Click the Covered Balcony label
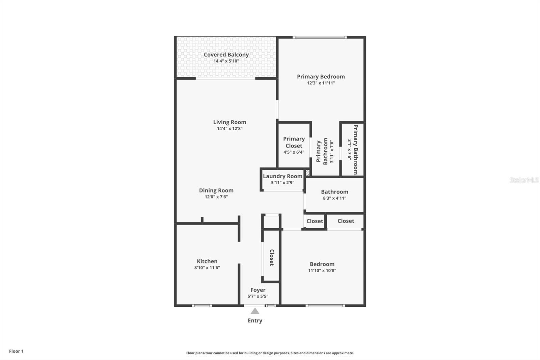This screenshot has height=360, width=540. point(226,55)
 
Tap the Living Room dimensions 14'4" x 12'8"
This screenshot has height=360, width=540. point(230,129)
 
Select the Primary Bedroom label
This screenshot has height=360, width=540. point(321,77)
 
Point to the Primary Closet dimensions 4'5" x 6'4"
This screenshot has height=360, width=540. point(294,152)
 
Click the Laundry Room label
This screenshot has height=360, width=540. point(282,176)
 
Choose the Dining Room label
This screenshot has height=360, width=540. point(216,190)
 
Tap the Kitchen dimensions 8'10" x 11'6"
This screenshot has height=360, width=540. point(207,268)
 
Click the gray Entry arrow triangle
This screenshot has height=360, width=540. point(255,311)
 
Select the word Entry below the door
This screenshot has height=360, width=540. point(255,321)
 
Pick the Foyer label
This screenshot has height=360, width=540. point(258,290)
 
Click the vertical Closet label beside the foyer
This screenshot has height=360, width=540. point(272,257)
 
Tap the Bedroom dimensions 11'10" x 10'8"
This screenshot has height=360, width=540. point(322,271)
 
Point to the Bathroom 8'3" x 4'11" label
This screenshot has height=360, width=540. point(334,195)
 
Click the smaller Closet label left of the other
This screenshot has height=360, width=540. point(315,221)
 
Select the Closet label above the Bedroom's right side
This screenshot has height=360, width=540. point(346,221)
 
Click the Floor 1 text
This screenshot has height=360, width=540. point(16,351)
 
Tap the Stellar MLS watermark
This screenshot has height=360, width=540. point(524,180)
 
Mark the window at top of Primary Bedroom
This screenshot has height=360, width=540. point(319,37)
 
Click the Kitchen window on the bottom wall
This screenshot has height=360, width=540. point(202,306)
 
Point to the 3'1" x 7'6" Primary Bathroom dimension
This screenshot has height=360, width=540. point(350,150)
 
